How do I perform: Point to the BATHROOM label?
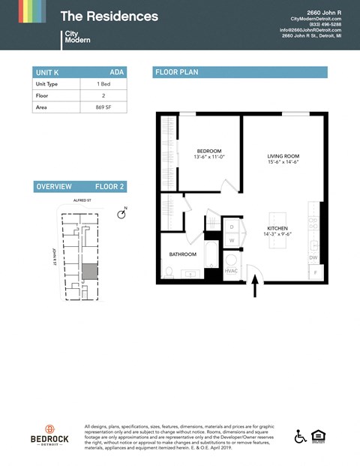[x=182, y=254]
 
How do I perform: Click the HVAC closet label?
[x=232, y=271]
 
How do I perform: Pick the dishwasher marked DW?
[x=313, y=257]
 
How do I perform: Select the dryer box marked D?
[x=231, y=226]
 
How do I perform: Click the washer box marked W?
[x=231, y=240]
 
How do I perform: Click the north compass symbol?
[x=121, y=214]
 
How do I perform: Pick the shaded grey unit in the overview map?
[x=89, y=271]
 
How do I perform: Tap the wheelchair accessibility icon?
[x=301, y=436]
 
